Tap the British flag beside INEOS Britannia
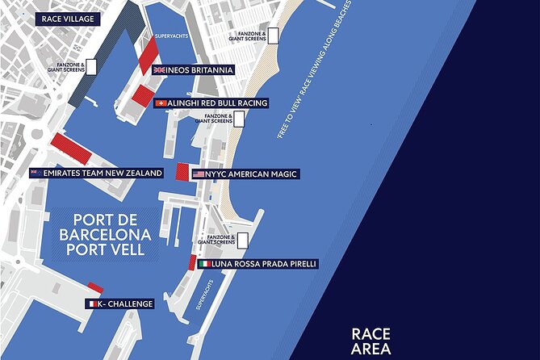(159, 70)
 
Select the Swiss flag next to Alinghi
(160, 103)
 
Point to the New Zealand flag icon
(35, 173)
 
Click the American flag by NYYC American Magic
(199, 174)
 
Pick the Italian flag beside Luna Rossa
(205, 264)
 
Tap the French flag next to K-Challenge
(93, 303)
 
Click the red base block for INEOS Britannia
(148, 56)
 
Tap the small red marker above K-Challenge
(95, 288)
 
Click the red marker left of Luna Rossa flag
(192, 262)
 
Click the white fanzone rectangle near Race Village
(92, 66)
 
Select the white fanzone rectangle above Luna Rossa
(241, 240)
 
